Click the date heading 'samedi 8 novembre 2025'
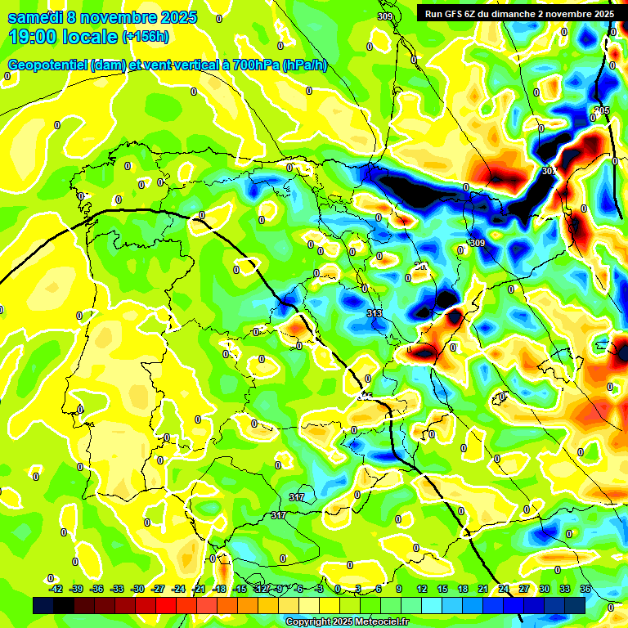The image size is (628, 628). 102,17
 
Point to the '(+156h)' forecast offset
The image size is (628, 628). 146,37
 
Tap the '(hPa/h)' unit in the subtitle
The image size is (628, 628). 304,65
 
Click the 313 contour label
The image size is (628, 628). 375,313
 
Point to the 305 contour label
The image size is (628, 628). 602,110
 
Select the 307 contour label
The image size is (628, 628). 549,171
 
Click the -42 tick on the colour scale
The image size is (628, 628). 56,589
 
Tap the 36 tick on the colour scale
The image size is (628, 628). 585,589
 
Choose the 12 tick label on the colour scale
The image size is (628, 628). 422,589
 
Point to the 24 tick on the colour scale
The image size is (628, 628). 504,589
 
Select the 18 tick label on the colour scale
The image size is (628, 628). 463,589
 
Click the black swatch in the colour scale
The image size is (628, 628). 43,605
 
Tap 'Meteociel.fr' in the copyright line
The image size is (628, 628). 378,622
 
